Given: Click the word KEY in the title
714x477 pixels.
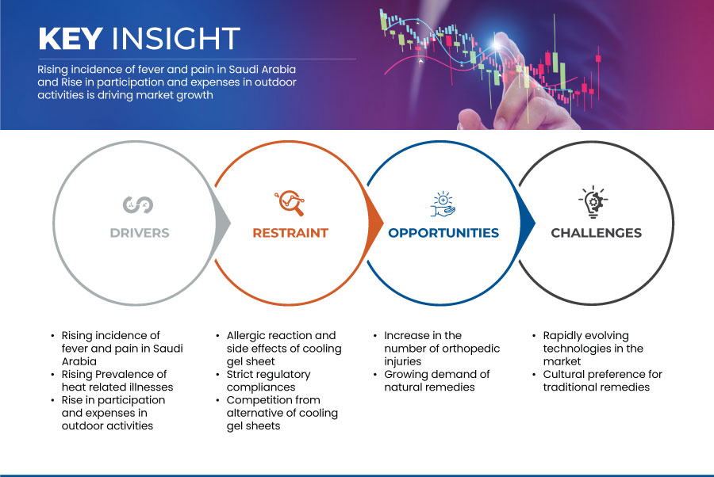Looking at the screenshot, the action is coord(71,38).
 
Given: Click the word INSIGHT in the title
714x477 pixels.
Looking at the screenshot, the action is coord(176,38).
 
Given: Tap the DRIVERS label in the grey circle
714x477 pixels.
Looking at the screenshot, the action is coord(140,233).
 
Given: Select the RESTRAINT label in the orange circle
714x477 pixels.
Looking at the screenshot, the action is coord(290,233).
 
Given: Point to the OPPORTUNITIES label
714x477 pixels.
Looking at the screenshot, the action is coord(443,233).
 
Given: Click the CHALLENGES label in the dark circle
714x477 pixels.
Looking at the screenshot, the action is coord(596,233).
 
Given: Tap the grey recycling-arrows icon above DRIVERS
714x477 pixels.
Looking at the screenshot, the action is coord(138,204).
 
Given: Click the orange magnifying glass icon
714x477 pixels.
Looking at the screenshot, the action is coord(290,203).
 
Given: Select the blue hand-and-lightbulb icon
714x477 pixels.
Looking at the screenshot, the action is coord(443,204).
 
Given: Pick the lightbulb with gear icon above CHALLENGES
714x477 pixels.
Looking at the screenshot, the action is coord(593,202).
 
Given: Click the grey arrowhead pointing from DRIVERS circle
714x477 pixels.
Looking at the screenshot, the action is coord(223,223).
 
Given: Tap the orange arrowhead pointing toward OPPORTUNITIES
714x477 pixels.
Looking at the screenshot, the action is coord(376,223).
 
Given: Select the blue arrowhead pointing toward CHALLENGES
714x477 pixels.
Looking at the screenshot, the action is coord(528,223).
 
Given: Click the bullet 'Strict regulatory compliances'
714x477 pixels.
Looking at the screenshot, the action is coord(269,380).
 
